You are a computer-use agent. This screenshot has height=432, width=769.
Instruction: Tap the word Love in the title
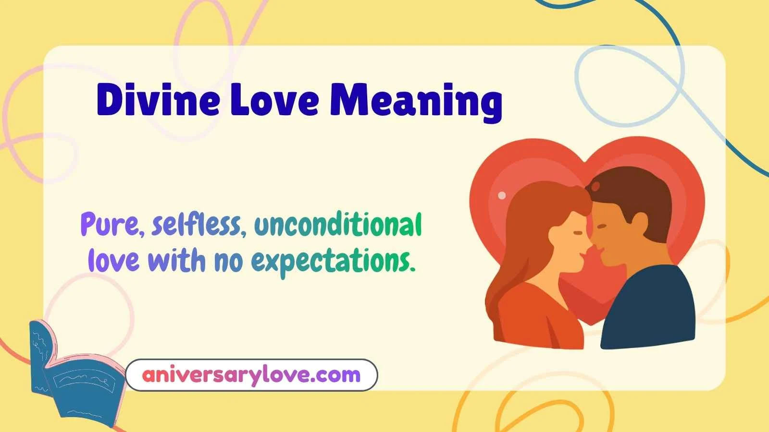pos(274,100)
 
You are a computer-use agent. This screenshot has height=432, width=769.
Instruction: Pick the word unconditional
pos(338,225)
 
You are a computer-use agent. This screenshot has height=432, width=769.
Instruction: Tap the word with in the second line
pos(176,261)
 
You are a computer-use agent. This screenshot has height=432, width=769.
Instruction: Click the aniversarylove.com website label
pos(251,375)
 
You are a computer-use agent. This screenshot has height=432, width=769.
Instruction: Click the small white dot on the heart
pos(502,195)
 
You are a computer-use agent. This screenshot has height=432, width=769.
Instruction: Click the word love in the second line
pos(114,261)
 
